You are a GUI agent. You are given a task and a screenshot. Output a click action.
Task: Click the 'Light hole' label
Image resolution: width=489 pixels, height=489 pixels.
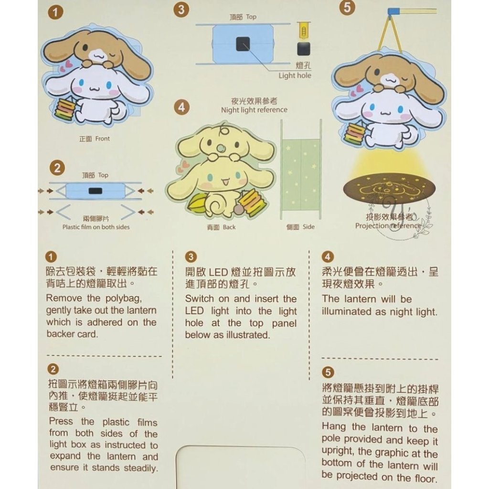(x=295, y=75)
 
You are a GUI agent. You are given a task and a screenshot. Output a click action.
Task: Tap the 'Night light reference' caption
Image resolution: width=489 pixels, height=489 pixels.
(x=254, y=110)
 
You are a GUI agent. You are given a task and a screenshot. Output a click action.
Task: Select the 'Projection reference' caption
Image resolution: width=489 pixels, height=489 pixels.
(x=388, y=225)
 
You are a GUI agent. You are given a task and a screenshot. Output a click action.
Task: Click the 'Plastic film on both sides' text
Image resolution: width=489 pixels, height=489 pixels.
(x=96, y=227)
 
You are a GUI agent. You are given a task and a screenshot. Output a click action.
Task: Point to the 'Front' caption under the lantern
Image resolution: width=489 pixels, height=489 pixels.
(x=103, y=139)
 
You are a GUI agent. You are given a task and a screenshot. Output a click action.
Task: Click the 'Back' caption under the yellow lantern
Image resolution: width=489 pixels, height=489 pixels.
(x=229, y=227)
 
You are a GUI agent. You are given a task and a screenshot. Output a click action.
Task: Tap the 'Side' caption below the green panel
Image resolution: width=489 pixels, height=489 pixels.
(x=308, y=227)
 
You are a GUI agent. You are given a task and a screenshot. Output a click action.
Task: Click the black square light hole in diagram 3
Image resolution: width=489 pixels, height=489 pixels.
(x=243, y=44)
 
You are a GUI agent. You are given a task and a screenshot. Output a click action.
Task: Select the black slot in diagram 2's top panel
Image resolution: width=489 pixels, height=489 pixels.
(x=96, y=191)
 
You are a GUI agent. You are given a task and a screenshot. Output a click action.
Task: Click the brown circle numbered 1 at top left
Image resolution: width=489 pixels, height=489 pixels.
(x=55, y=12)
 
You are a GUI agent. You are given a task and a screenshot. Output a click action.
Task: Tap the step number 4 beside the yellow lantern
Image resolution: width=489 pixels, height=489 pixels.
(x=181, y=107)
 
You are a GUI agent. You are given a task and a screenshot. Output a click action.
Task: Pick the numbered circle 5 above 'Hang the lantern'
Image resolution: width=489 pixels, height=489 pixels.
(x=328, y=372)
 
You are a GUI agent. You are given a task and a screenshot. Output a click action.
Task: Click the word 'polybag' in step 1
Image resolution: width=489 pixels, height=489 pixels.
(x=124, y=298)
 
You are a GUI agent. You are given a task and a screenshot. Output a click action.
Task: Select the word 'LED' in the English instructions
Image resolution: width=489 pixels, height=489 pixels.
(x=194, y=311)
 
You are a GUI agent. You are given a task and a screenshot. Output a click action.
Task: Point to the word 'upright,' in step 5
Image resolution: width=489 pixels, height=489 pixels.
(x=338, y=451)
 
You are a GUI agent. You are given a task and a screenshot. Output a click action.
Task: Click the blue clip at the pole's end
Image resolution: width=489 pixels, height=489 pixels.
(x=393, y=11)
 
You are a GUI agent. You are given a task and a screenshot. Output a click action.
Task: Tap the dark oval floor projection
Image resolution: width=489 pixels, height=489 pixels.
(x=389, y=189)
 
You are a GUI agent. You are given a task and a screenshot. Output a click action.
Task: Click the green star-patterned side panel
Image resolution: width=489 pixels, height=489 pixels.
(x=301, y=175)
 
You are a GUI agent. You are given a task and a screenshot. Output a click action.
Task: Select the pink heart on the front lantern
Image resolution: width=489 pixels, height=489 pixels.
(x=69, y=64)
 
